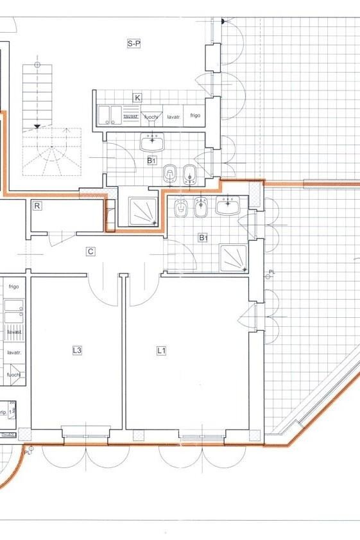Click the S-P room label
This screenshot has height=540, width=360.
click(133, 44)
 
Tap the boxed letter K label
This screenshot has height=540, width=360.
click(137, 98)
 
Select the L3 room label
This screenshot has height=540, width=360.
click(76, 351)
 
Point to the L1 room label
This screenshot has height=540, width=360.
click(162, 351)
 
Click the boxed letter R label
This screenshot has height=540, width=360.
click(38, 206)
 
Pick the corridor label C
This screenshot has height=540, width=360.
click(90, 252)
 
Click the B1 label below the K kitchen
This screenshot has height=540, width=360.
click(151, 161)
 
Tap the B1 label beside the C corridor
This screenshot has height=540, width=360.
click(203, 238)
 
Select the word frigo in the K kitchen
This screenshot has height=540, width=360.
click(194, 116)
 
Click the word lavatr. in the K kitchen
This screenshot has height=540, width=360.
click(173, 117)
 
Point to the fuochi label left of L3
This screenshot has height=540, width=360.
click(13, 374)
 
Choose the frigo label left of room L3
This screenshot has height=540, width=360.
click(13, 286)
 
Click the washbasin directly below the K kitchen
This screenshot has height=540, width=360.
click(152, 141)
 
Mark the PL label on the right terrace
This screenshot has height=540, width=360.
click(272, 272)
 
